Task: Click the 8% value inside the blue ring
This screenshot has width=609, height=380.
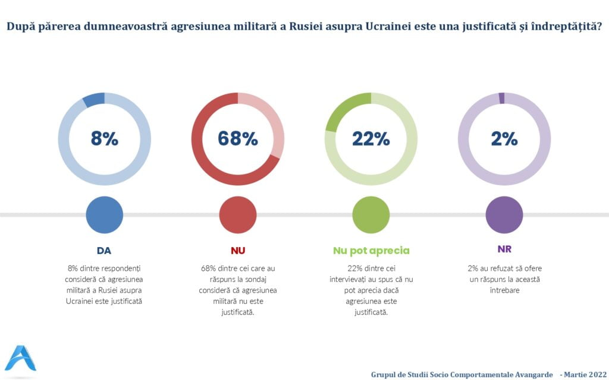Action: click(x=104, y=139)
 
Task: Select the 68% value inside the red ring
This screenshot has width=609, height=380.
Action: click(x=237, y=139)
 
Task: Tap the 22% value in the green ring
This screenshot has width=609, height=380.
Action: click(x=371, y=139)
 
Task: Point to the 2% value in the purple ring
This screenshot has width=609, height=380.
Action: click(x=504, y=139)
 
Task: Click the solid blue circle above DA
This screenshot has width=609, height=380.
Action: click(x=104, y=214)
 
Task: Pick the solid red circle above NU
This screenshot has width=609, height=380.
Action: click(x=237, y=214)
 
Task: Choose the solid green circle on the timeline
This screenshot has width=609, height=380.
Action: click(x=371, y=214)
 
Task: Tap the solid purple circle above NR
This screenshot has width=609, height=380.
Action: click(x=504, y=214)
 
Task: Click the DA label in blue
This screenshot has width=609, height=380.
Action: click(x=104, y=250)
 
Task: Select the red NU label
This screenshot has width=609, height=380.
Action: click(x=237, y=250)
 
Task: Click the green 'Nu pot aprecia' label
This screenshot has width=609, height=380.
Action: click(x=371, y=250)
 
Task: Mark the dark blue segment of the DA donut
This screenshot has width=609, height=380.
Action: click(x=93, y=100)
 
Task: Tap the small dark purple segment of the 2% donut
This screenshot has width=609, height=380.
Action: click(x=501, y=99)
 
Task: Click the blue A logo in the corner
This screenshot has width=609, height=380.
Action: click(x=20, y=358)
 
